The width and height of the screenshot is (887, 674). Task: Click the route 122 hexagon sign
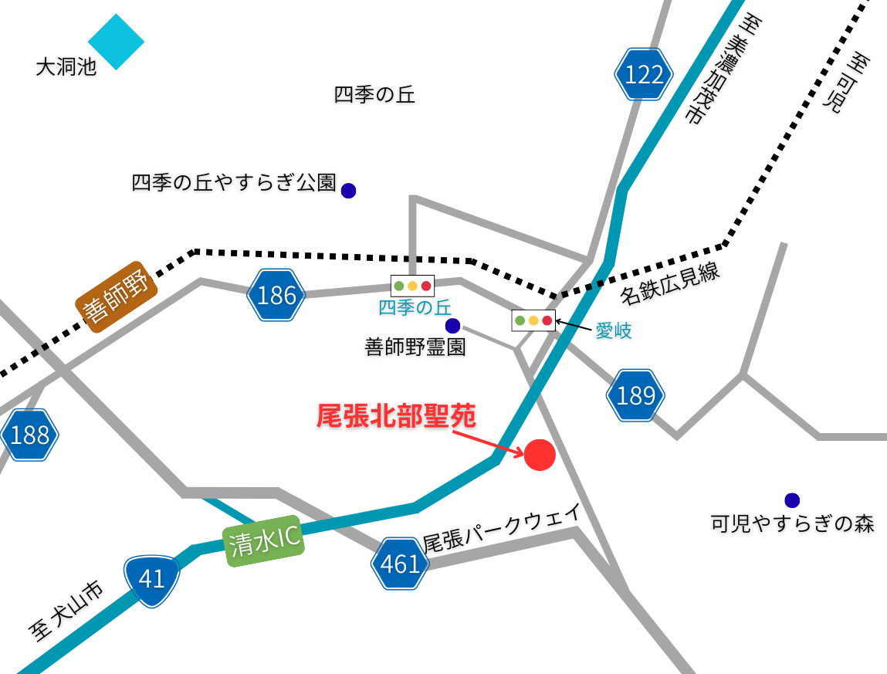[644, 74]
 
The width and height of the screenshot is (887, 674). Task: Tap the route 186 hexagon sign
[276, 295]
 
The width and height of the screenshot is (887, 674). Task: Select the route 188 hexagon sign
[29, 435]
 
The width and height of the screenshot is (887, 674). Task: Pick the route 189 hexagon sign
[635, 395]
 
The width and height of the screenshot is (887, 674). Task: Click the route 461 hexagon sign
[399, 564]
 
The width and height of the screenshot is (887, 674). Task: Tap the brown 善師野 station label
[117, 297]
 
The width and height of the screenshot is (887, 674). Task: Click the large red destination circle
[540, 454]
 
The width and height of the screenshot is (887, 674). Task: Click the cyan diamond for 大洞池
[117, 42]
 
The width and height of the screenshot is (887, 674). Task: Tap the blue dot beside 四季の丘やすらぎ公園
[348, 190]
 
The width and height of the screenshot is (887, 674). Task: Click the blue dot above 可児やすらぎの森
[791, 500]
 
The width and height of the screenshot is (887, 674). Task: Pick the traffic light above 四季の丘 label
[412, 286]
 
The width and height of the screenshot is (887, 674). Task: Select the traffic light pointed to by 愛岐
[533, 320]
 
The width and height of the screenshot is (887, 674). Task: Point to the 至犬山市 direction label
[66, 612]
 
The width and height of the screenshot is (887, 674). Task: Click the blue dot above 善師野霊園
[452, 326]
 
